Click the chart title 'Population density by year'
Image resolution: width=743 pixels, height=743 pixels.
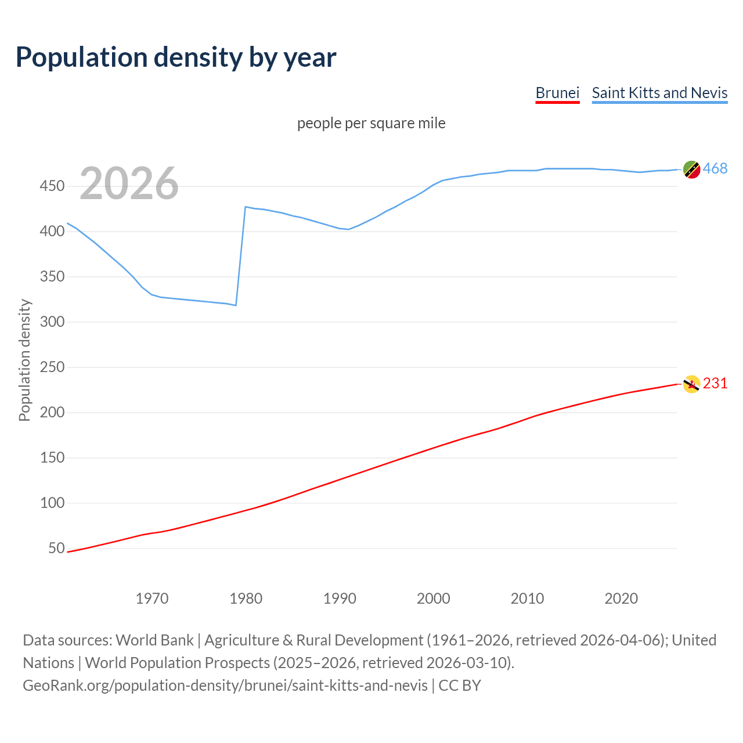(x=176, y=57)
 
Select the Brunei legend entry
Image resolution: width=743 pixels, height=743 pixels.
(x=557, y=93)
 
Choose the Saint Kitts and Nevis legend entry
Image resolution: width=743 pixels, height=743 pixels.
(x=659, y=93)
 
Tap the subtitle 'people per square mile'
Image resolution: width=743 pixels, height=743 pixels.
(x=371, y=123)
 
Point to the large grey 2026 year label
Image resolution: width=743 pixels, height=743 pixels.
(x=129, y=183)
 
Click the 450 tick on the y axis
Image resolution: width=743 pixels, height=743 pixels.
(x=52, y=186)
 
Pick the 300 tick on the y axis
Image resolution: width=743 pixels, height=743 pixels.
(x=52, y=322)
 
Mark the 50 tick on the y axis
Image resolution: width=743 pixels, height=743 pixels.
(x=56, y=549)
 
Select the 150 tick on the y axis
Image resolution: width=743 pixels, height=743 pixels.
(x=52, y=458)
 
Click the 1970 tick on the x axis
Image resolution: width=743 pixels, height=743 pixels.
(x=152, y=598)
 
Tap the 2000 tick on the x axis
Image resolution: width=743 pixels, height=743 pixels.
(x=434, y=598)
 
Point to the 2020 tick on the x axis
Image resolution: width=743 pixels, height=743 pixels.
(x=621, y=598)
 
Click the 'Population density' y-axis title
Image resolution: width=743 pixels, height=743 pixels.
(x=24, y=360)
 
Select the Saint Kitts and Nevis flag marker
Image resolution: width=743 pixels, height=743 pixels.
(x=691, y=169)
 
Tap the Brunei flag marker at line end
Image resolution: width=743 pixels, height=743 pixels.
(x=691, y=384)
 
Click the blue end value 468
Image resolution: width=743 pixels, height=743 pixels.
(x=715, y=169)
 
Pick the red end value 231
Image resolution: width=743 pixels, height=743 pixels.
(x=715, y=384)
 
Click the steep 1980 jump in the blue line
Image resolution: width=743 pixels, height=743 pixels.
(x=241, y=255)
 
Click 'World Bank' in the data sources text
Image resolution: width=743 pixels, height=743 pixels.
(x=154, y=640)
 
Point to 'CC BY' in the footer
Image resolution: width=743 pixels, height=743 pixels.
(x=460, y=686)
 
